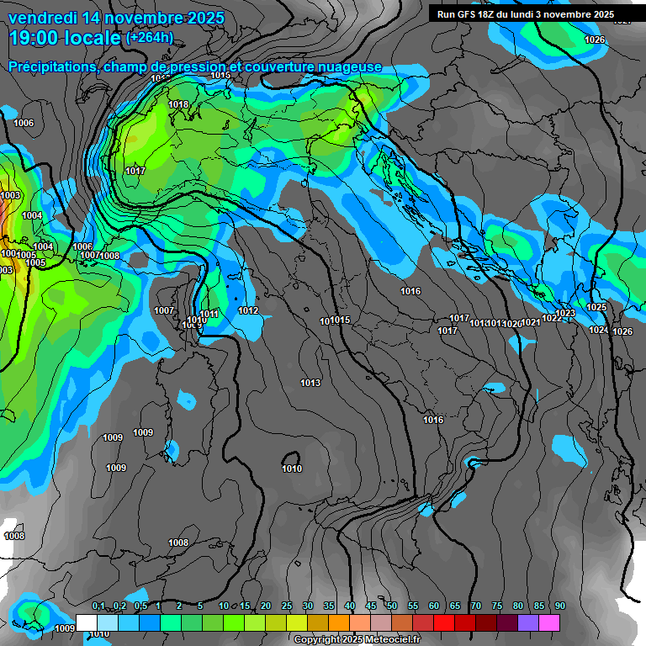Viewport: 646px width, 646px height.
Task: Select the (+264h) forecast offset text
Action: (x=150, y=37)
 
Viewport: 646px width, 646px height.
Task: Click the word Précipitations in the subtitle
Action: (x=50, y=66)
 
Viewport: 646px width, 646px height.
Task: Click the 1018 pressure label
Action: (x=178, y=105)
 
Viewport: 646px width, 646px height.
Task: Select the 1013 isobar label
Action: (x=310, y=384)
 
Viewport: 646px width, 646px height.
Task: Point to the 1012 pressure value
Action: (x=248, y=311)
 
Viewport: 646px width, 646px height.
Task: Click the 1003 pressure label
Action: (x=10, y=196)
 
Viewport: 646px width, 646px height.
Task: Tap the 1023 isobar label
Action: (x=565, y=314)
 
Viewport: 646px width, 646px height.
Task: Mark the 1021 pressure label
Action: (x=531, y=323)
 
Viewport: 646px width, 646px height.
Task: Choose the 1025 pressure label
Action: (x=596, y=308)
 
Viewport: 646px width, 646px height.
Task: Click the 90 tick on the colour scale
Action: (x=559, y=606)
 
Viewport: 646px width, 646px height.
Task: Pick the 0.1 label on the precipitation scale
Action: (x=98, y=606)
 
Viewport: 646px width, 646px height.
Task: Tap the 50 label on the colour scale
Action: (x=392, y=606)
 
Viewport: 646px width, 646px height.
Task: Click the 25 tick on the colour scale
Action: (x=287, y=606)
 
